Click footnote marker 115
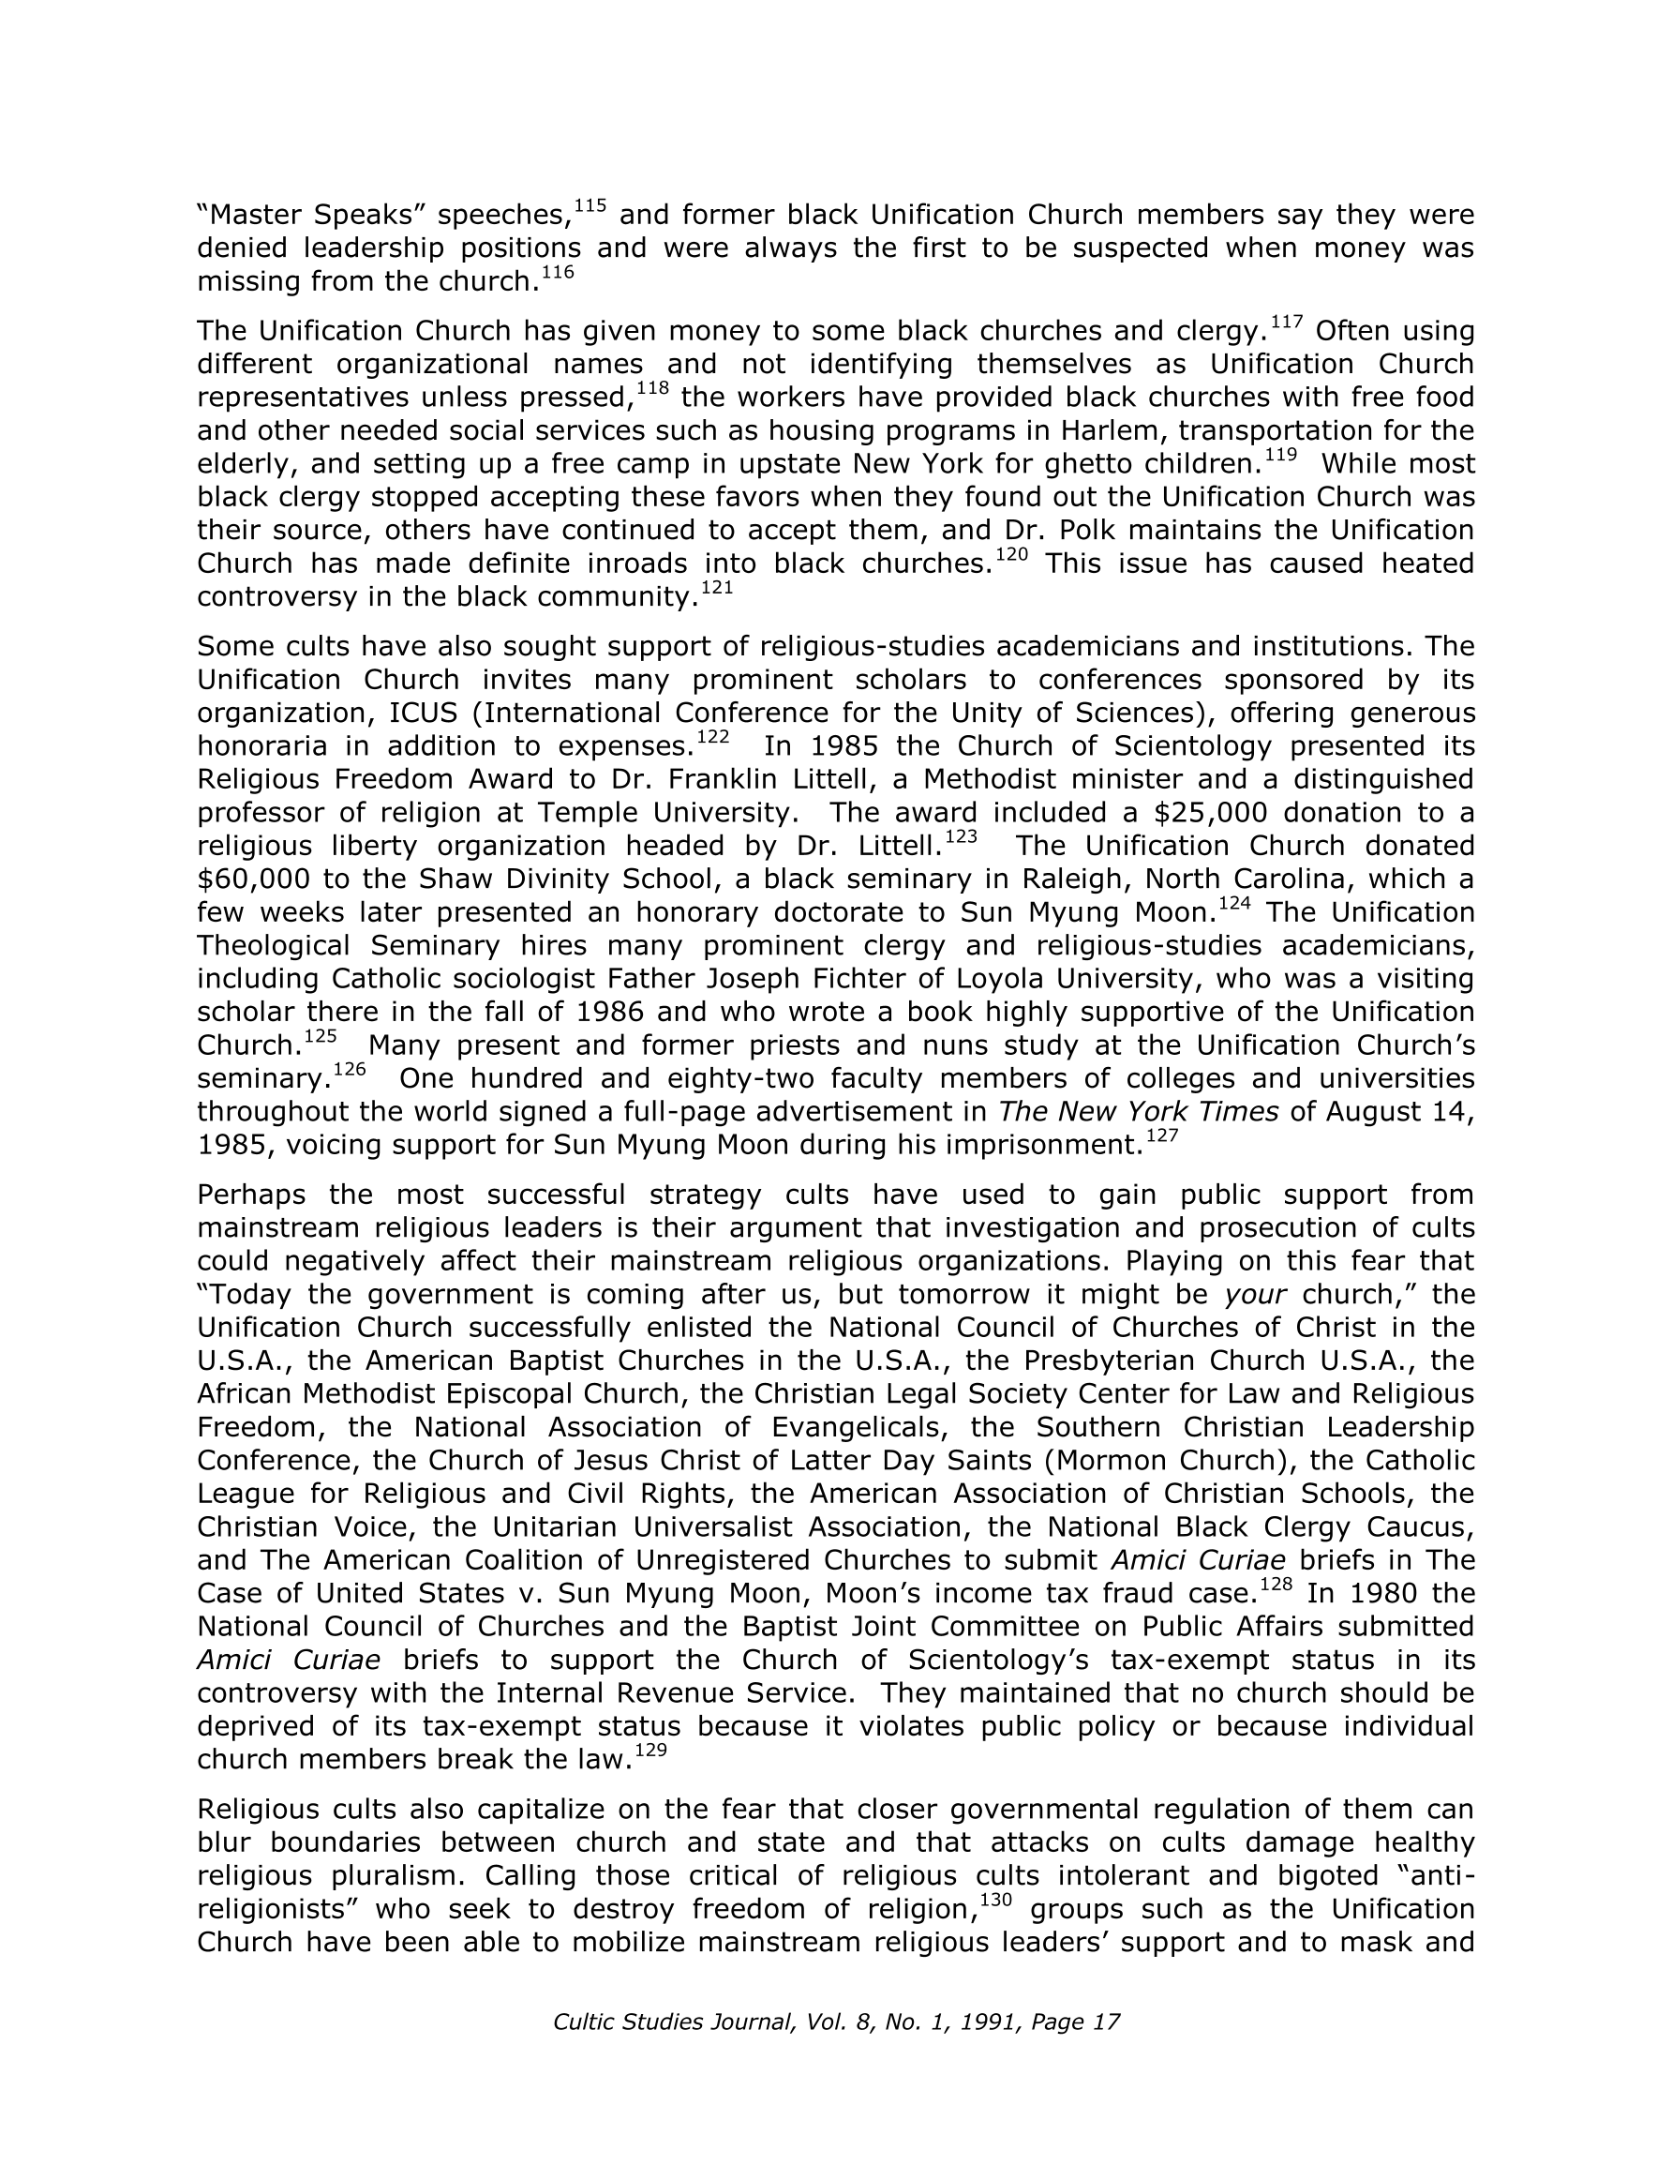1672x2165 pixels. [x=590, y=206]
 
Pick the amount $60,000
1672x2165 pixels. [x=253, y=880]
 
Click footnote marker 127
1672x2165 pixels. [x=1161, y=1136]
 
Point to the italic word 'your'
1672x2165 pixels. [x=1256, y=1295]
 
